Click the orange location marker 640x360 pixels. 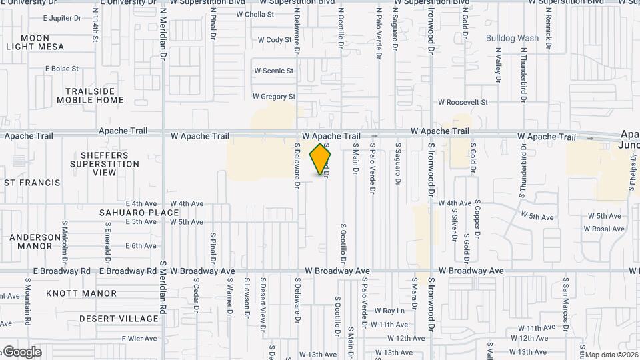[x=321, y=159]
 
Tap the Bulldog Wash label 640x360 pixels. [x=512, y=38]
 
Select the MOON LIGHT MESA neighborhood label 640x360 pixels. [x=35, y=43]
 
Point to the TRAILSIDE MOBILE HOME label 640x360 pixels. [x=90, y=95]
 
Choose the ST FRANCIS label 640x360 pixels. [x=31, y=182]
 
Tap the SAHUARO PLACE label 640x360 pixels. [x=139, y=213]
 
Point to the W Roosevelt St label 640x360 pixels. [x=463, y=103]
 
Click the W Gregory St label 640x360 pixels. [x=273, y=97]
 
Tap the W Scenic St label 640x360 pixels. [x=273, y=71]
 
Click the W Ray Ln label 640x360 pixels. [x=389, y=311]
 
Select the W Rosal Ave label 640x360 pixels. [x=603, y=229]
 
